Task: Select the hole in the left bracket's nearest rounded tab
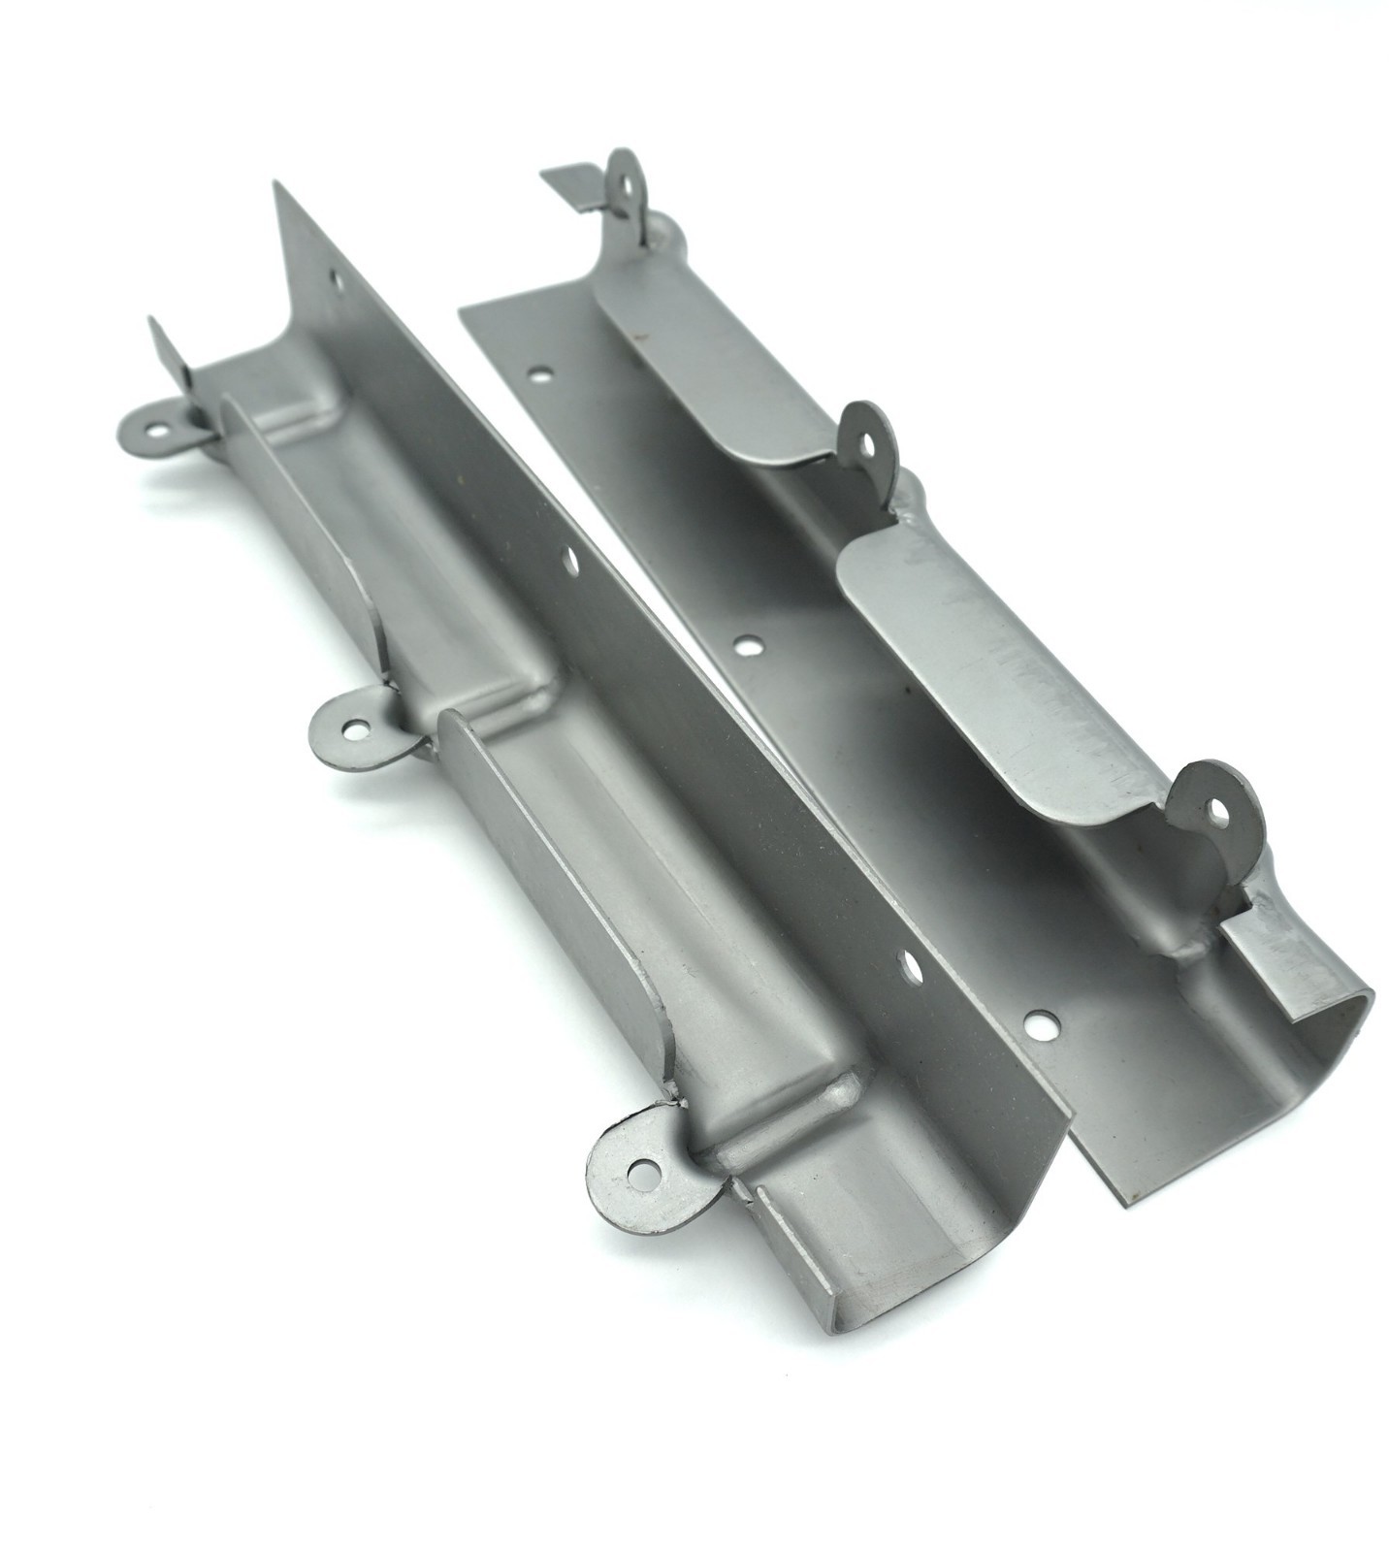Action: [x=637, y=1175]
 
